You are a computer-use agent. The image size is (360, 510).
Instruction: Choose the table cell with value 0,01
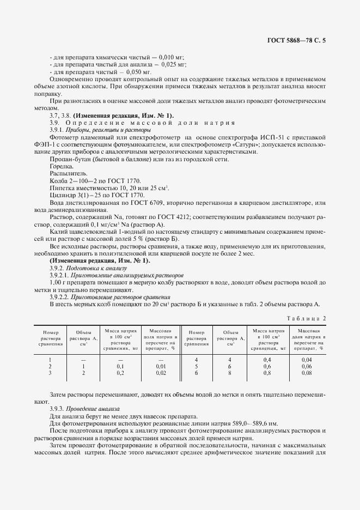[161, 367]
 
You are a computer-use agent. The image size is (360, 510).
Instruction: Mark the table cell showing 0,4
[267, 360]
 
